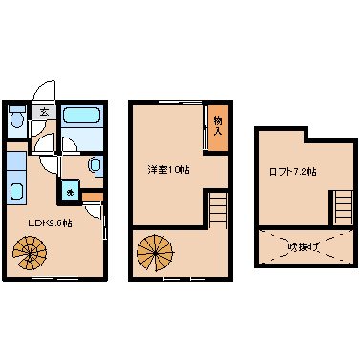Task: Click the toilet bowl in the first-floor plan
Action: [16, 120]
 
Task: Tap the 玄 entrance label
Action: [44, 112]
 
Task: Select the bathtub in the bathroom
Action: [82, 116]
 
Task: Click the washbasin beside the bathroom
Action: [95, 165]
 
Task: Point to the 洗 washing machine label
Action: [69, 192]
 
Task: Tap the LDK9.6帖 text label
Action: [51, 222]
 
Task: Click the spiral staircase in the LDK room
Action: [30, 253]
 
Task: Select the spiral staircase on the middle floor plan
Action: [155, 253]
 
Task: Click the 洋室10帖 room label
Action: [168, 169]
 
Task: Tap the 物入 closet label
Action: [218, 126]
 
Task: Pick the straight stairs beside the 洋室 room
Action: [218, 210]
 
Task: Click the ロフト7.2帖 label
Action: [293, 172]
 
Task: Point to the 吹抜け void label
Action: [304, 246]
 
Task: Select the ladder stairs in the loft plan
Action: [344, 208]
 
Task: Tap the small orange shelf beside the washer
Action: [93, 197]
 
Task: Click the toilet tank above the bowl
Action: [16, 109]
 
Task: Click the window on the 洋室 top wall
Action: [180, 102]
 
